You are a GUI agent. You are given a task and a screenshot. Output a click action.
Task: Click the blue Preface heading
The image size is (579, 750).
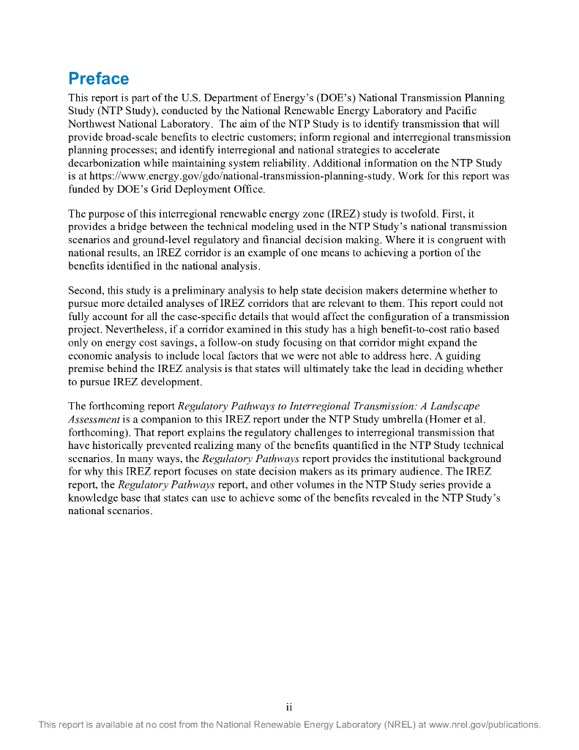tap(98, 78)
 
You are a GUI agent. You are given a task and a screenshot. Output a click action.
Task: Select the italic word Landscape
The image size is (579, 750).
tap(452, 406)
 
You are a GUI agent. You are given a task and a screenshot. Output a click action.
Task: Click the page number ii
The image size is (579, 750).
tap(289, 707)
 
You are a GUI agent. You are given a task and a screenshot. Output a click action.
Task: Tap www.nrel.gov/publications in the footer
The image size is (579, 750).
tap(485, 725)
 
